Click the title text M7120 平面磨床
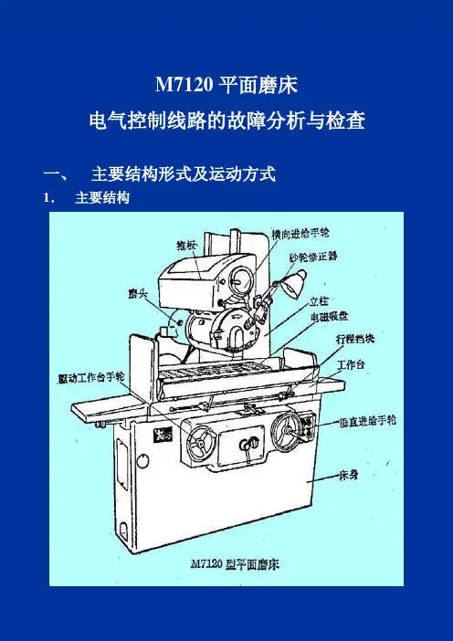(226, 86)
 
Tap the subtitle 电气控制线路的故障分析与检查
(226, 121)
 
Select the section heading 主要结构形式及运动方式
(184, 174)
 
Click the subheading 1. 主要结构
(87, 198)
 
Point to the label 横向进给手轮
(300, 234)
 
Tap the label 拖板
(186, 246)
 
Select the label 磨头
(137, 294)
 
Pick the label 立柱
(319, 301)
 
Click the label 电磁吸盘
(329, 317)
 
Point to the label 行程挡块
(355, 339)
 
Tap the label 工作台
(351, 364)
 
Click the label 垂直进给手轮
(367, 421)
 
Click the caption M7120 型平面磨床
(235, 565)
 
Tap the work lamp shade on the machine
(295, 282)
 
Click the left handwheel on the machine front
(202, 444)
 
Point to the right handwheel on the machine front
(288, 430)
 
